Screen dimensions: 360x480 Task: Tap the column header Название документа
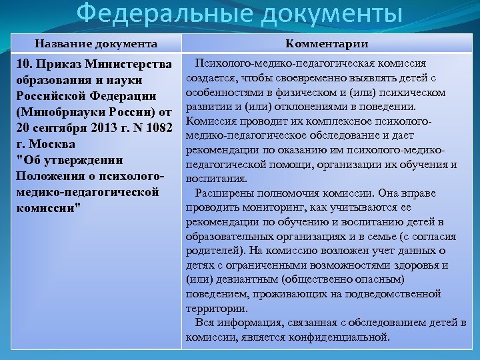click(x=97, y=44)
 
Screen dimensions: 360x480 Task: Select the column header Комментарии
click(x=327, y=44)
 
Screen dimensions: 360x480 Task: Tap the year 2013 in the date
click(x=94, y=128)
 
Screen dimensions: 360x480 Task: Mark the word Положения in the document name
click(x=46, y=176)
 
